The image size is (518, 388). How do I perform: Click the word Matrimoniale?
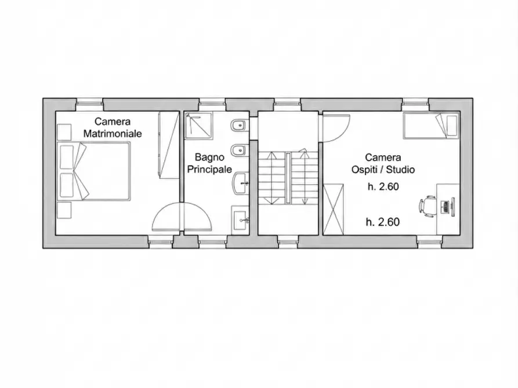tap(113, 134)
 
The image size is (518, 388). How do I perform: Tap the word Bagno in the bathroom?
tap(209, 158)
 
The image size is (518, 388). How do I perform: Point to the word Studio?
tap(400, 170)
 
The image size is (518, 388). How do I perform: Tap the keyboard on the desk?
tap(445, 207)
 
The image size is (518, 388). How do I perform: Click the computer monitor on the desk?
tap(452, 207)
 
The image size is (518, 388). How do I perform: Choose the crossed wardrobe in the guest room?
tap(334, 210)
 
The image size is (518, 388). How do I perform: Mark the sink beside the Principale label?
tap(241, 184)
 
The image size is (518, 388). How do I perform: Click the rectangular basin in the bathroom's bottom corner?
tap(240, 220)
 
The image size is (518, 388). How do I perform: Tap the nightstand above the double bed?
tap(64, 132)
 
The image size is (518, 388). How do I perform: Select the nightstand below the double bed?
tap(64, 210)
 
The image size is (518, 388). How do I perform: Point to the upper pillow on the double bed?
tap(67, 157)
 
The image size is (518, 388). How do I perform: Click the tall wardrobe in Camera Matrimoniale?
tap(168, 145)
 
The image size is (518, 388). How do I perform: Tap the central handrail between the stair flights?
tap(288, 178)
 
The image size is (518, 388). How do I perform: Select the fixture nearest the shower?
tap(239, 126)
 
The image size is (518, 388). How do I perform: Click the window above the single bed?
tap(415, 104)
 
